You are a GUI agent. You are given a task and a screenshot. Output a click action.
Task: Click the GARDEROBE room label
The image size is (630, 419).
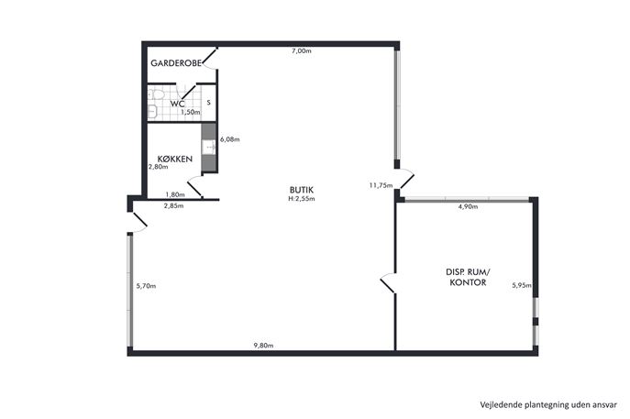pyautogui.click(x=175, y=63)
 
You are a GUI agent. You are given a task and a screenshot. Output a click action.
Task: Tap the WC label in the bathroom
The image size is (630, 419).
pyautogui.click(x=177, y=104)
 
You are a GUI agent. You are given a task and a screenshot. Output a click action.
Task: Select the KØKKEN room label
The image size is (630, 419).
pyautogui.click(x=175, y=159)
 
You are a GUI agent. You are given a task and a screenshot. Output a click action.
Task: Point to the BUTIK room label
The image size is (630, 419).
pyautogui.click(x=302, y=190)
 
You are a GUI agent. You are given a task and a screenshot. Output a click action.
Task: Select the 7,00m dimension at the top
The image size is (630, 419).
pyautogui.click(x=302, y=51)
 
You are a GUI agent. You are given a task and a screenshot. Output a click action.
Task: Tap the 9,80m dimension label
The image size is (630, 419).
pyautogui.click(x=263, y=345)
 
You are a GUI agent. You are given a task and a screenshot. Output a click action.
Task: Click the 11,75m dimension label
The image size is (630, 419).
pyautogui.click(x=381, y=185)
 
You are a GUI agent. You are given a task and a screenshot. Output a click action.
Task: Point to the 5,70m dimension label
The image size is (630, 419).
pyautogui.click(x=146, y=286)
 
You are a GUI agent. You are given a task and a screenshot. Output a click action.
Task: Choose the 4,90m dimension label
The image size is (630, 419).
pyautogui.click(x=468, y=207)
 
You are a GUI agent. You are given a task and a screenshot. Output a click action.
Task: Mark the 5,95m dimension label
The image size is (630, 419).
pyautogui.click(x=522, y=286)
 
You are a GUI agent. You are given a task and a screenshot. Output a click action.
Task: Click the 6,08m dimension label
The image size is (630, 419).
pyautogui.click(x=230, y=139)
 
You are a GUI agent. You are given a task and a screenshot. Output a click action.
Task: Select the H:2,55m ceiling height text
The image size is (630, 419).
pyautogui.click(x=302, y=198)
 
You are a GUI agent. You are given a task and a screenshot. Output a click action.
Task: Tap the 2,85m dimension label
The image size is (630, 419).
pyautogui.click(x=173, y=206)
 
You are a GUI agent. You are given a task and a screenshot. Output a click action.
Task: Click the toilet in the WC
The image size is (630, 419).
pyautogui.click(x=156, y=94)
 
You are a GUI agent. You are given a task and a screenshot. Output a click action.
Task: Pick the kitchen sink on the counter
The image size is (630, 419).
pyautogui.click(x=208, y=147)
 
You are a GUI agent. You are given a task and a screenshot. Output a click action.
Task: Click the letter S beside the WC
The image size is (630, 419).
pyautogui.click(x=208, y=103)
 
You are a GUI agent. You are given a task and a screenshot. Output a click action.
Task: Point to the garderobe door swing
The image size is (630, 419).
pyautogui.click(x=210, y=59)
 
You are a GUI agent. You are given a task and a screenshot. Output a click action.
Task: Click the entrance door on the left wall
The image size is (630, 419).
pyautogui.click(x=138, y=222)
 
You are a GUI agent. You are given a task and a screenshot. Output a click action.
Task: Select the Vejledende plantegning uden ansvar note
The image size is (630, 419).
pyautogui.click(x=548, y=404)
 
